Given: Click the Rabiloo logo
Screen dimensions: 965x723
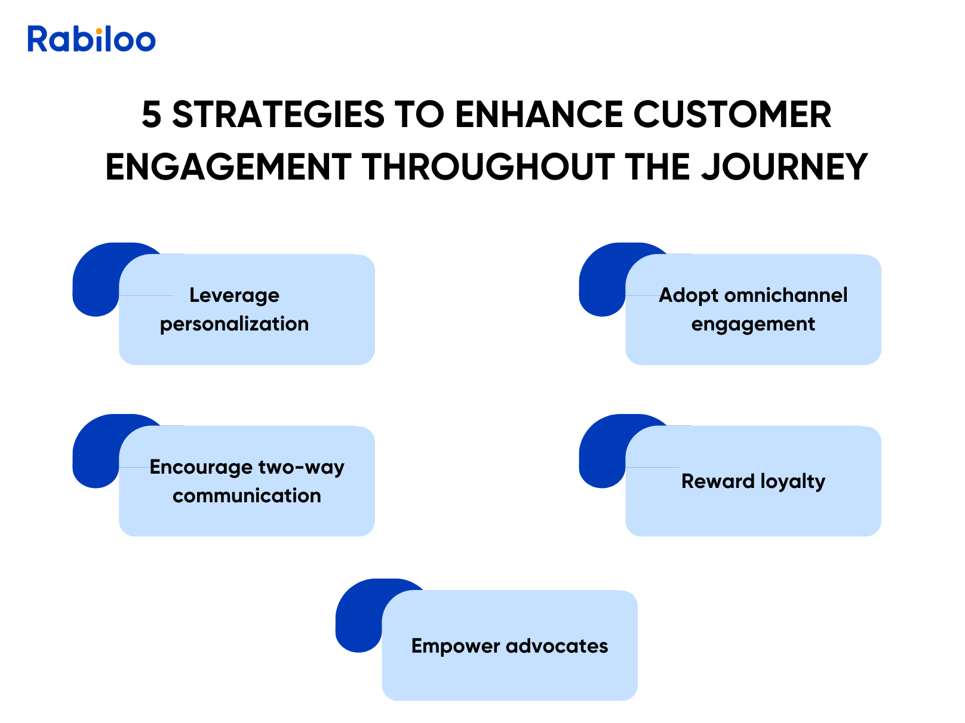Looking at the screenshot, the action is (91, 39).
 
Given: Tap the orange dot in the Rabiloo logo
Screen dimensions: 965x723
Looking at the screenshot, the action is (99, 31).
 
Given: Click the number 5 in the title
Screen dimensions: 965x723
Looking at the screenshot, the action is (152, 114).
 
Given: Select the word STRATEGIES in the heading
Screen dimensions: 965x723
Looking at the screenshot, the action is (278, 114).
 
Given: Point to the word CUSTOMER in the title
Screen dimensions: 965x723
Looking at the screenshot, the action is (732, 114).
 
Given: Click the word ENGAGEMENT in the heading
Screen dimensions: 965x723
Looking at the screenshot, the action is (228, 167).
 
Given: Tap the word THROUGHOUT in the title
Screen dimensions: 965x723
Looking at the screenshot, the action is (488, 167).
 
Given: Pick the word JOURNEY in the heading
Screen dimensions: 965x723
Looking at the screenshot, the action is (784, 167).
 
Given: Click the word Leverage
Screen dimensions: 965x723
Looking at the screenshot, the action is (234, 296).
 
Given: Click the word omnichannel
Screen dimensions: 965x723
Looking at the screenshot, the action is (785, 295).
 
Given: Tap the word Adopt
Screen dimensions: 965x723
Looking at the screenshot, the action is (689, 296).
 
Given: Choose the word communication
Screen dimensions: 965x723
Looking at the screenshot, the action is (247, 496).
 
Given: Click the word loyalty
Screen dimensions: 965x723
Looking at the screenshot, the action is (792, 482).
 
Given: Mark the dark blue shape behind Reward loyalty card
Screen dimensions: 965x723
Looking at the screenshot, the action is (601, 452).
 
